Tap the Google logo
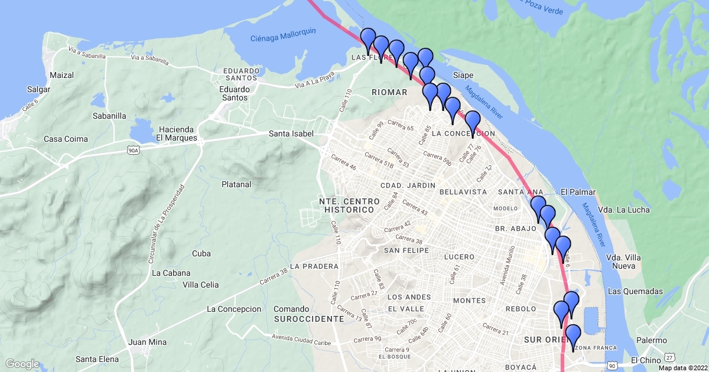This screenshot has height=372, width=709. (22, 364)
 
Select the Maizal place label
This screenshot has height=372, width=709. (62, 75)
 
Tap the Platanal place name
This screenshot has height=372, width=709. (236, 184)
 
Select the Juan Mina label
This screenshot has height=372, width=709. (148, 342)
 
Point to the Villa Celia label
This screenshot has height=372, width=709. (201, 285)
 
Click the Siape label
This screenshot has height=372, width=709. (463, 75)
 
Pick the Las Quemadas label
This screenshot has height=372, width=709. (635, 291)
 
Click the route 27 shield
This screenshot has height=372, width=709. (669, 357)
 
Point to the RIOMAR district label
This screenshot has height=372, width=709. (389, 92)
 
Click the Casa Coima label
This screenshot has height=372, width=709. (66, 139)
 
